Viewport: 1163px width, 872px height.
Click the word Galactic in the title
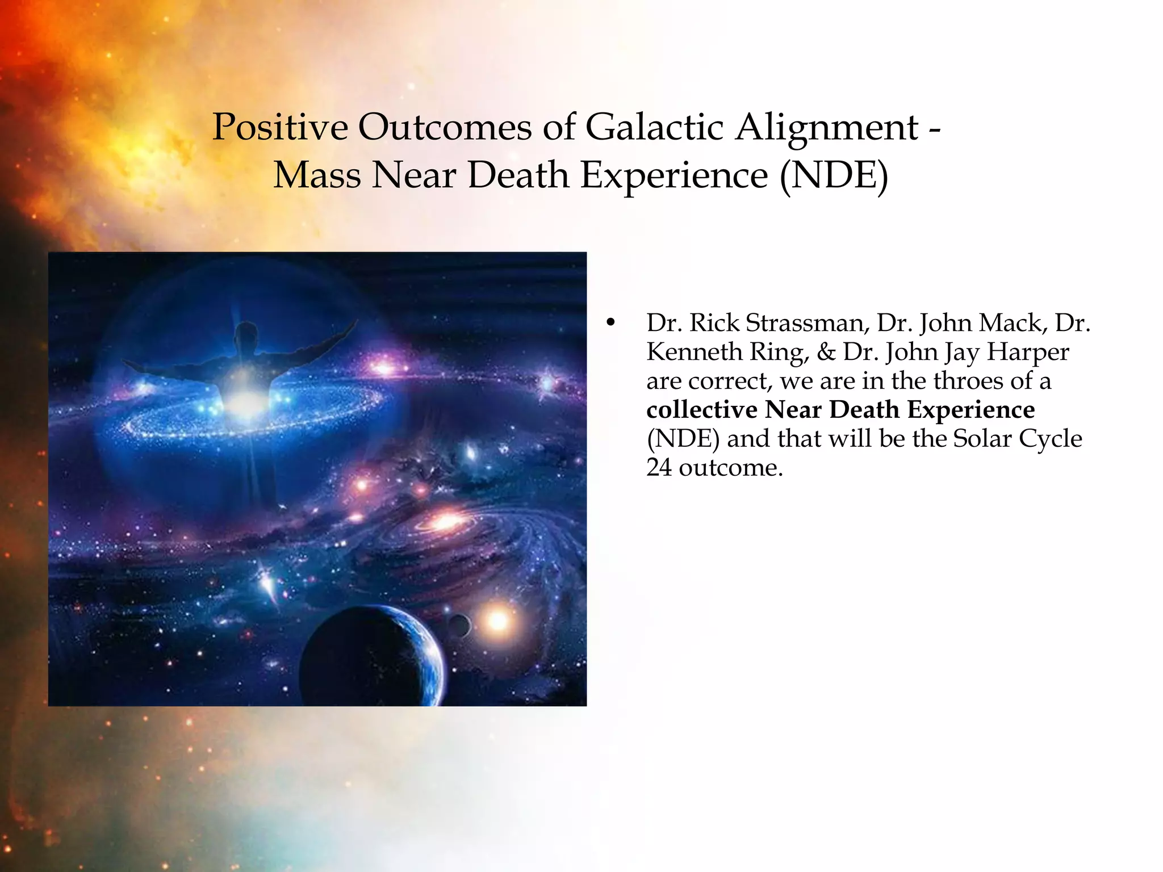pyautogui.click(x=654, y=127)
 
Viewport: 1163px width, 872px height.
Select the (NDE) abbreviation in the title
pyautogui.click(x=834, y=175)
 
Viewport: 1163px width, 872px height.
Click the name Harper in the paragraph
pyautogui.click(x=1027, y=353)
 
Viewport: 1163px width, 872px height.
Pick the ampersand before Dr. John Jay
pyautogui.click(x=826, y=353)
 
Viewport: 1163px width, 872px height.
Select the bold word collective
pyautogui.click(x=701, y=410)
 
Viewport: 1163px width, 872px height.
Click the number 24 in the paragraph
pyautogui.click(x=659, y=468)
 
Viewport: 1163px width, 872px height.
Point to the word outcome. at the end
pyautogui.click(x=730, y=468)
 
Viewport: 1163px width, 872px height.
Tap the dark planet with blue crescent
pyautogui.click(x=372, y=656)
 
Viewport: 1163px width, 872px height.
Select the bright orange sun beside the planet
pyautogui.click(x=498, y=620)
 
